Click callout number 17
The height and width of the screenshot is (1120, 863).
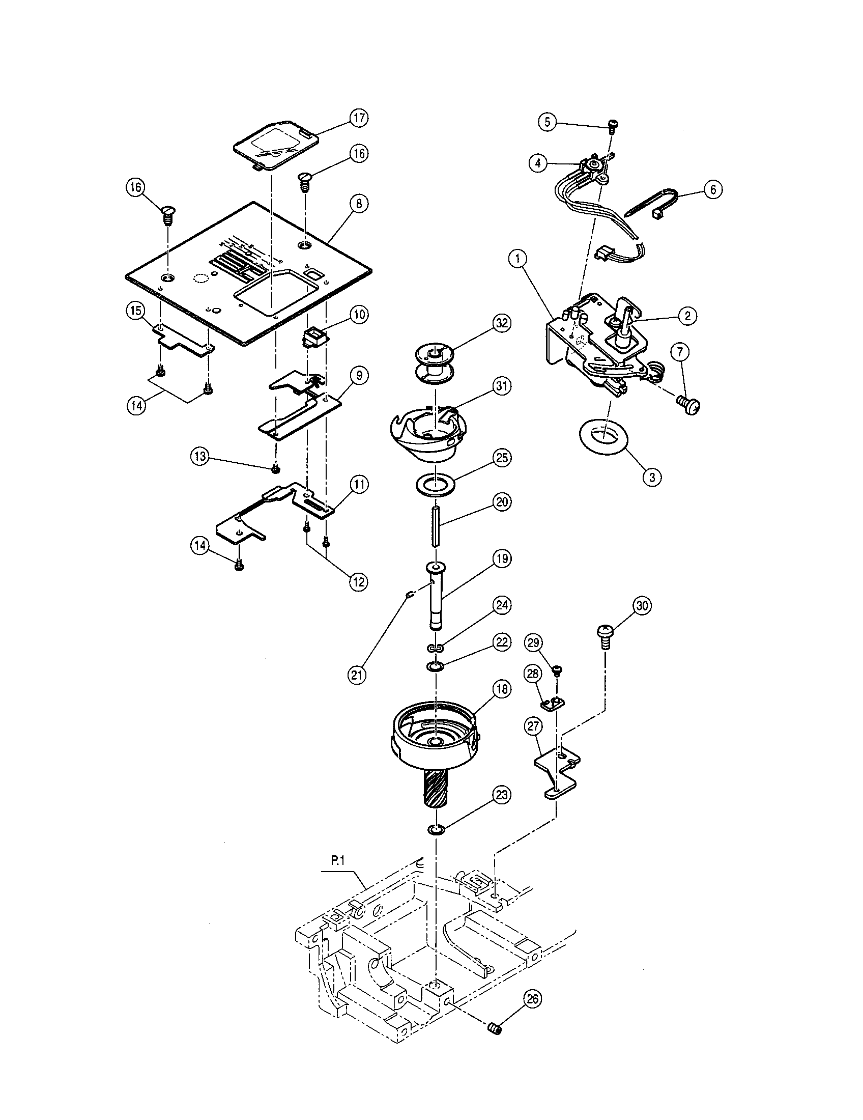[x=359, y=118]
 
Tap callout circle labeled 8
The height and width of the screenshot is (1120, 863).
[x=359, y=204]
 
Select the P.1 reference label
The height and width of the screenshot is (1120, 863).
[x=337, y=862]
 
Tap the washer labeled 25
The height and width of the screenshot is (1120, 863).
[x=435, y=484]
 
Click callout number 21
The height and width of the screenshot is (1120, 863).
[x=357, y=675]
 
